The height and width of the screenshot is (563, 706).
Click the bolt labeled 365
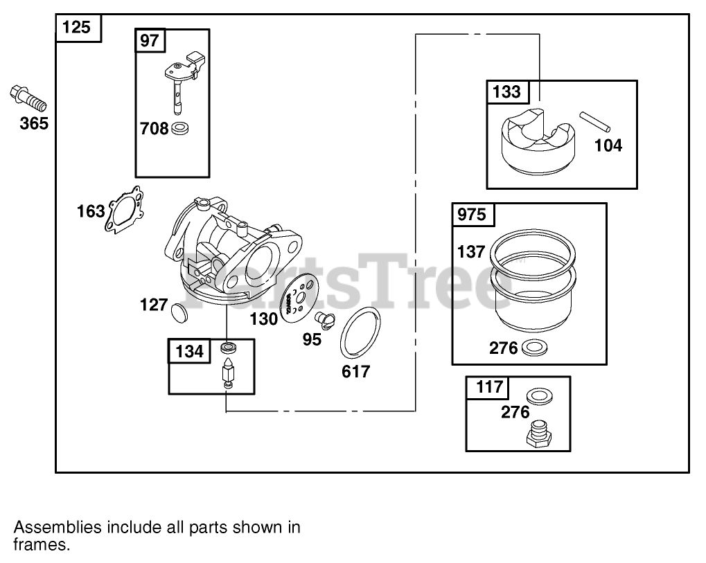[28, 98]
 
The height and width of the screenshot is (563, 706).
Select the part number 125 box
[78, 28]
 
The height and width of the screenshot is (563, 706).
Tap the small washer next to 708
[181, 128]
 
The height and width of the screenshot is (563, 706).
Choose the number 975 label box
[474, 215]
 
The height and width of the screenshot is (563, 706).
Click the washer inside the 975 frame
[531, 348]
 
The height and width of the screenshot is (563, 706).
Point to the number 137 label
[471, 251]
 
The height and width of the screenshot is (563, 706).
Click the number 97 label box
[150, 41]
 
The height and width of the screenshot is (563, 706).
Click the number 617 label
[355, 371]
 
